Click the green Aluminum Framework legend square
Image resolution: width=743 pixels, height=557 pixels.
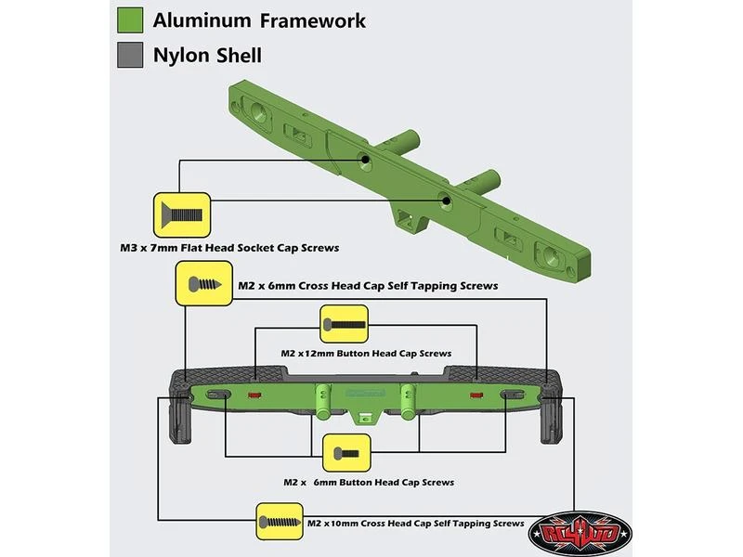130,20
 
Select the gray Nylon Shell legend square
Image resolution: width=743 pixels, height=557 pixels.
130,55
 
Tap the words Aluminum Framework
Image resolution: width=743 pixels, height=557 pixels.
259,20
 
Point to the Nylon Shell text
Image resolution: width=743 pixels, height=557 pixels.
207,56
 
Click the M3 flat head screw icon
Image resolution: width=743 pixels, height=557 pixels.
181,215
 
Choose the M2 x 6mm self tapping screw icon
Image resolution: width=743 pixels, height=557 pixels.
203,284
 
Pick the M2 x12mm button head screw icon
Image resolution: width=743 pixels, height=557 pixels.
345,326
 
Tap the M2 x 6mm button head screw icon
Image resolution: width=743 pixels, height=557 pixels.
345,455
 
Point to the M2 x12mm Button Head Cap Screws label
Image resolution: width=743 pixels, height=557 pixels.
366,354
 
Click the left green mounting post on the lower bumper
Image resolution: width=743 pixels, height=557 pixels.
321,400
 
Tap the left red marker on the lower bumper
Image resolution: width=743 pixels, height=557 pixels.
255,395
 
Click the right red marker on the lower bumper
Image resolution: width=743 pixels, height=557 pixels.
476,395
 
